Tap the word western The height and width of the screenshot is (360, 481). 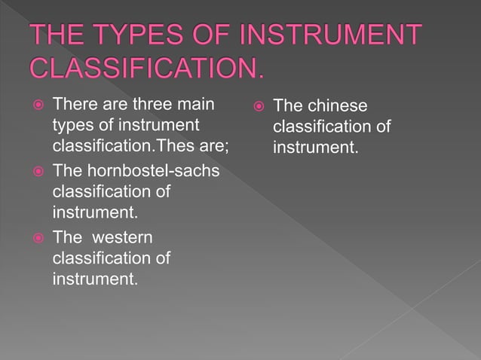click(x=122, y=238)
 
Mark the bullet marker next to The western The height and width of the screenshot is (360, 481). click(x=33, y=239)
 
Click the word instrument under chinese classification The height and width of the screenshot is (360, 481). click(x=314, y=146)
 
